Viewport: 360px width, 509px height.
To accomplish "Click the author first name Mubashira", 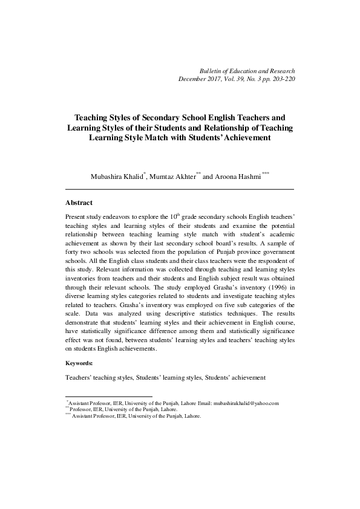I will point(108,177).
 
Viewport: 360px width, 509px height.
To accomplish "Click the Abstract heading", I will point(79,203).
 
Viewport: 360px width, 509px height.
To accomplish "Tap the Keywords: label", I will point(79,363).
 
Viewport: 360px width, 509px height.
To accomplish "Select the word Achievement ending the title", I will point(245,138).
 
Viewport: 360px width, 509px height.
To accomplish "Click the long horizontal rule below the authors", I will point(179,190).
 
